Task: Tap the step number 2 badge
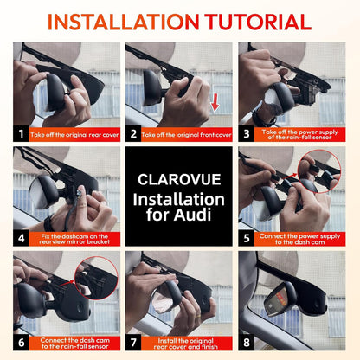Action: [x=135, y=135]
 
